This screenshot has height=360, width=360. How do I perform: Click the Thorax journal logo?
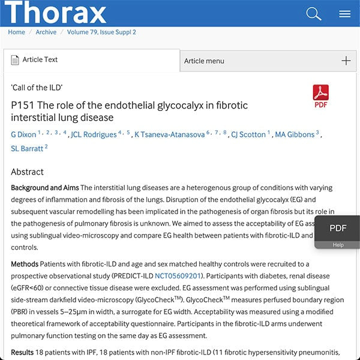tap(55, 12)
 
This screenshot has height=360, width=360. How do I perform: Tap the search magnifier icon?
tap(314, 13)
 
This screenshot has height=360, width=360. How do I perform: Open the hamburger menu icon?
tap(344, 13)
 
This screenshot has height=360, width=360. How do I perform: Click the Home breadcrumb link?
tap(17, 32)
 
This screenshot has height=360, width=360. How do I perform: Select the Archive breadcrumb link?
tap(46, 32)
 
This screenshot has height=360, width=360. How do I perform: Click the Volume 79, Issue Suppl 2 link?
tap(101, 32)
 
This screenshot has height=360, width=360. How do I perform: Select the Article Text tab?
tap(40, 60)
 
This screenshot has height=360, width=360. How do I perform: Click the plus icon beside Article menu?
tap(346, 61)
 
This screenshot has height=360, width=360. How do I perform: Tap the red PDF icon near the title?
tap(321, 94)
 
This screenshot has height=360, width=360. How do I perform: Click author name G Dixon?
tap(23, 134)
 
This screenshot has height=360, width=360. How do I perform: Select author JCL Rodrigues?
tap(94, 134)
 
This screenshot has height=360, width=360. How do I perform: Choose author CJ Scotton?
tap(248, 134)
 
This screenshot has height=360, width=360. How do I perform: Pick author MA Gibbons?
tap(295, 134)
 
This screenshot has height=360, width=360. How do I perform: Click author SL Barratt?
tap(26, 148)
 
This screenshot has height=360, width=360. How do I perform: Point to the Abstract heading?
tap(28, 172)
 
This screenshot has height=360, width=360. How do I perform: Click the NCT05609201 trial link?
tap(179, 276)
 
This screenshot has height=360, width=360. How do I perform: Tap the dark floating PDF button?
tap(338, 228)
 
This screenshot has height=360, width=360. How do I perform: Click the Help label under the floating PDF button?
tap(338, 245)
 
